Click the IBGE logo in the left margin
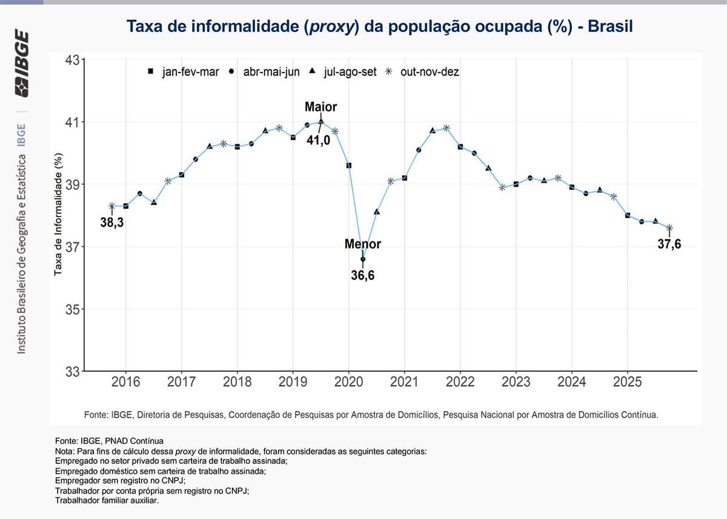(x=22, y=63)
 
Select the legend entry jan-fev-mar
(x=185, y=72)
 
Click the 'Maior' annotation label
(x=320, y=107)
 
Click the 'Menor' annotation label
(x=363, y=244)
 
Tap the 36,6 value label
(x=363, y=276)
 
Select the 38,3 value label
(x=112, y=223)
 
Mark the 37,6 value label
(x=669, y=244)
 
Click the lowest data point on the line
(x=363, y=259)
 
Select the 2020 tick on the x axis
(x=349, y=382)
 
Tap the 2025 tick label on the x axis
(x=627, y=382)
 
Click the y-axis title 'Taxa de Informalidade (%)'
(x=59, y=215)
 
